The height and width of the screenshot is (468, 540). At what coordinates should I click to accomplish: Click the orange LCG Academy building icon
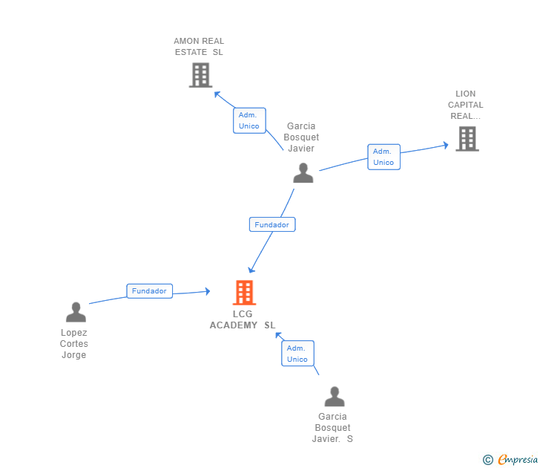(244, 293)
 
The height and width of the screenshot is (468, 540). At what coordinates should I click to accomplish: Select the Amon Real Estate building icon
(200, 75)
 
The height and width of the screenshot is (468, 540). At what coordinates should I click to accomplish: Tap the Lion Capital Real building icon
(467, 139)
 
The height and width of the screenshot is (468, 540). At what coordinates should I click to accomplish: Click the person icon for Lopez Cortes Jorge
(76, 312)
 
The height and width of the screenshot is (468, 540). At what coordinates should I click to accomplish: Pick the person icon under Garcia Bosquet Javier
(303, 173)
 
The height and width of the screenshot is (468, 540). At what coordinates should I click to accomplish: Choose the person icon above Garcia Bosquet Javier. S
(335, 397)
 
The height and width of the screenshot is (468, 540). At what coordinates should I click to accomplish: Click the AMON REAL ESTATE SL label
(199, 47)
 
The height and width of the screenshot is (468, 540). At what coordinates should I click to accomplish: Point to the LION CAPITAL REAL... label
(466, 105)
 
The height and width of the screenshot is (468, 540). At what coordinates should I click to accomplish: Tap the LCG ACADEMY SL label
(243, 319)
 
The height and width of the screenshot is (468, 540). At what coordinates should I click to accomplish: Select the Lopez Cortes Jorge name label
(74, 344)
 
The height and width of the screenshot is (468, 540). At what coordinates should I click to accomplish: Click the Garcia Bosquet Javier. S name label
(332, 428)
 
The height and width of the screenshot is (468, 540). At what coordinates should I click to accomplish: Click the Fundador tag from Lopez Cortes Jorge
(149, 291)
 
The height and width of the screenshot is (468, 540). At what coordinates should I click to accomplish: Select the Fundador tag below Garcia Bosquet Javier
(272, 224)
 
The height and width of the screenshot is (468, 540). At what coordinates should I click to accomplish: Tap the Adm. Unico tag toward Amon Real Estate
(249, 120)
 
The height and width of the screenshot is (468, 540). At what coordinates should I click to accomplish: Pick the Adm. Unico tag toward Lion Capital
(383, 157)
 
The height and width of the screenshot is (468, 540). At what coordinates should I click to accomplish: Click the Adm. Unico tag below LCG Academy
(297, 354)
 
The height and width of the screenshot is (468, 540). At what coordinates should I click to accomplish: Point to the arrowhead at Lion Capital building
(445, 145)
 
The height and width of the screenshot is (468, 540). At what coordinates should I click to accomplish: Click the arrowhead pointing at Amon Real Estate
(217, 94)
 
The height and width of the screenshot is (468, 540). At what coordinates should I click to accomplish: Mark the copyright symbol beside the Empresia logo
(487, 460)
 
